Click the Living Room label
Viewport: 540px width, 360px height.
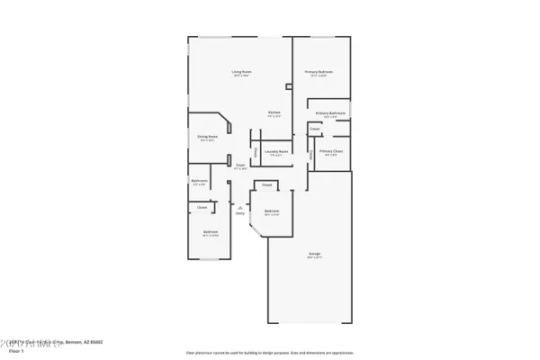point(241,72)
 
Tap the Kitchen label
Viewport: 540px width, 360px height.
point(274,112)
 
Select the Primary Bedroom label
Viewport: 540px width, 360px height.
point(319,72)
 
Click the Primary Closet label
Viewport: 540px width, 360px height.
point(331,151)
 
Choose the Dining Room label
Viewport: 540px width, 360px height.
point(208,137)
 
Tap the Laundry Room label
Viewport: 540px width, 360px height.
point(276,152)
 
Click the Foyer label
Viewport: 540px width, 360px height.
point(240,166)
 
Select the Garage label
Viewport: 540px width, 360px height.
point(315,255)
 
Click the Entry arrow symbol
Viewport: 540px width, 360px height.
point(240,206)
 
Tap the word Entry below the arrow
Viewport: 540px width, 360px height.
point(240,213)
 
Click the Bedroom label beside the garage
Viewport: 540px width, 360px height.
point(272,211)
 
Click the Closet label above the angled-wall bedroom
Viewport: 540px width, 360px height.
point(267,184)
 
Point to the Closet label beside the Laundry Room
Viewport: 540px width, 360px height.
point(255,153)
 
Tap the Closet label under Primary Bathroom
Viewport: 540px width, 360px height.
point(314,130)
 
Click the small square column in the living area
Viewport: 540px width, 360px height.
point(288,87)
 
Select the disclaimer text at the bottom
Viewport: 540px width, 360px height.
point(270,352)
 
